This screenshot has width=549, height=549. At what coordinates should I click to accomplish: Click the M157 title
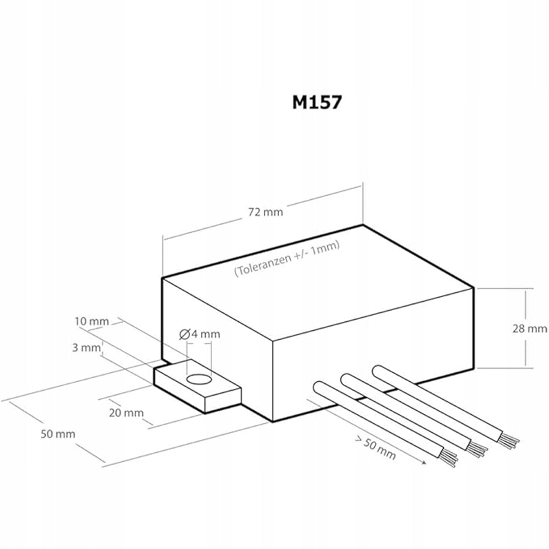(x=317, y=102)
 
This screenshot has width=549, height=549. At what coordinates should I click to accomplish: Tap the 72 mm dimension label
(x=265, y=212)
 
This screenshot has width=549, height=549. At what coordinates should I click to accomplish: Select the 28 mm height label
(x=529, y=328)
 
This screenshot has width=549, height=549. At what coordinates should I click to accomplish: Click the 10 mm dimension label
(x=91, y=321)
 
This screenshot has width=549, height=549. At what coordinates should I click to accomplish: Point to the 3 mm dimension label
(x=86, y=348)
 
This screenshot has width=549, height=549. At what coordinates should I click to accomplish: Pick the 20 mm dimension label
(x=126, y=413)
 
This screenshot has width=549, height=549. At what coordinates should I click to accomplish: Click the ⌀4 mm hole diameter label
(x=200, y=334)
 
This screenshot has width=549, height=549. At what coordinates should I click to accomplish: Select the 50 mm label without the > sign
(x=58, y=434)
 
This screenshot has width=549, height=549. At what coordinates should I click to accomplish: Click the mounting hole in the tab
(x=199, y=379)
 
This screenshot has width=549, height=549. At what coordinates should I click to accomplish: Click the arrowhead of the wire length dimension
(x=424, y=463)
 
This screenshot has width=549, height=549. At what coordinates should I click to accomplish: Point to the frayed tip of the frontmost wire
(x=448, y=457)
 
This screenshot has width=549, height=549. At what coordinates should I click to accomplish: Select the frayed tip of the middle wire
(x=477, y=448)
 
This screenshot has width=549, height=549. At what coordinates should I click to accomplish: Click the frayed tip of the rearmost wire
(x=508, y=440)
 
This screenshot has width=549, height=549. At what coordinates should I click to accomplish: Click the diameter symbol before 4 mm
(x=184, y=334)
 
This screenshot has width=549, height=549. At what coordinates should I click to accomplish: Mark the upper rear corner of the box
(x=363, y=225)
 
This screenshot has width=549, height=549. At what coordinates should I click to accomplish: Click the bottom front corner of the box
(x=273, y=421)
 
